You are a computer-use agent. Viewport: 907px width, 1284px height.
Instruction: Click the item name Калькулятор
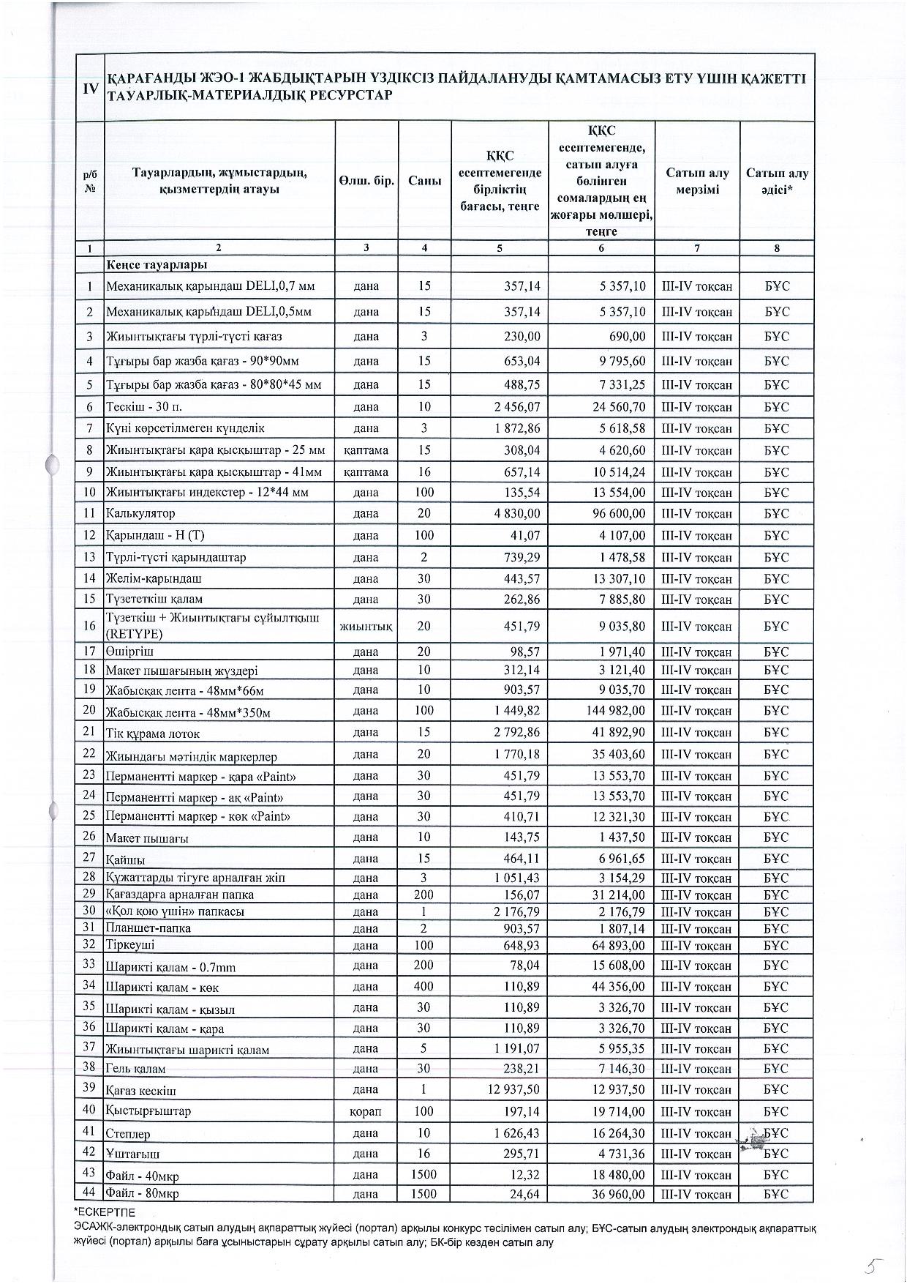tap(140, 513)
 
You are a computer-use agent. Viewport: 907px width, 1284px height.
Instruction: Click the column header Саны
tap(424, 181)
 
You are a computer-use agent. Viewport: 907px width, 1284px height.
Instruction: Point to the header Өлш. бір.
tap(366, 181)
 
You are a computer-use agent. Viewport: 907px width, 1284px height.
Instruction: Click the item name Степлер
tap(128, 1134)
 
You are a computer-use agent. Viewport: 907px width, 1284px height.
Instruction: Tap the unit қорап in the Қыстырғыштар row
tap(366, 1111)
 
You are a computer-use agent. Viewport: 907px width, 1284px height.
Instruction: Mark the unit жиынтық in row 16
tap(366, 627)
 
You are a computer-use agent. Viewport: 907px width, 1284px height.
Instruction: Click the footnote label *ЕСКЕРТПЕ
tap(105, 1212)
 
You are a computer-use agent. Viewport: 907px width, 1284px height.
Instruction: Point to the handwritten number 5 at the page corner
tap(871, 1264)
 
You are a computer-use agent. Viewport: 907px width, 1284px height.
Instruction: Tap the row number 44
tap(89, 1192)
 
